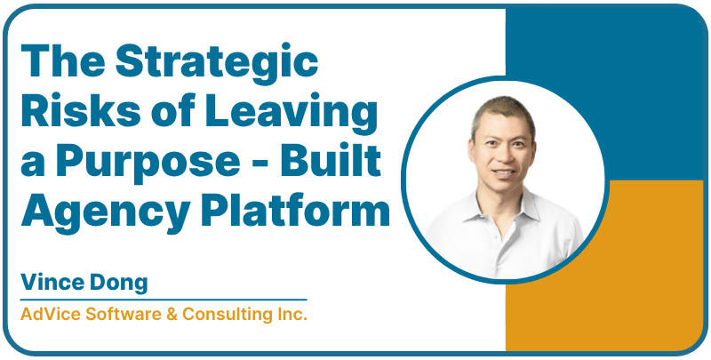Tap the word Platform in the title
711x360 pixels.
point(299,213)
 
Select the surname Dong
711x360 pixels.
point(118,283)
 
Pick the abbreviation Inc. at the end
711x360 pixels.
point(290,315)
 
